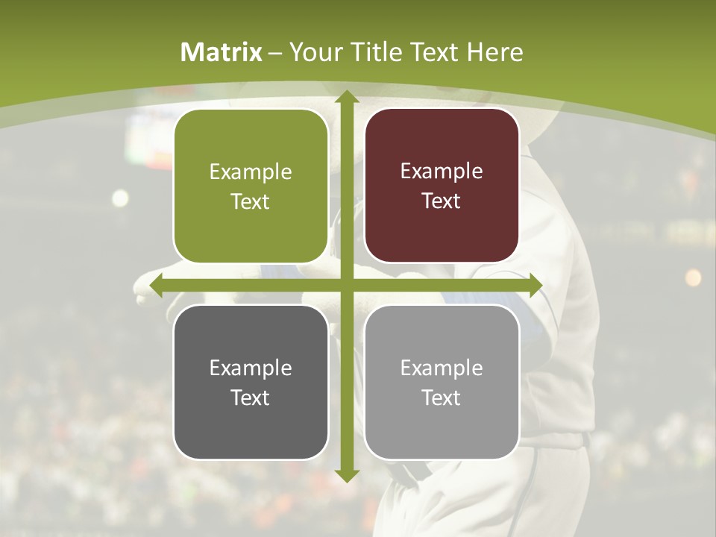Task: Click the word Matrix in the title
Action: pos(222,52)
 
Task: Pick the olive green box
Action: pos(251,186)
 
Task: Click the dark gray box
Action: pos(251,382)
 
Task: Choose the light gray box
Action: pos(442,382)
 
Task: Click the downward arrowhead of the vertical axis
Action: pos(346,475)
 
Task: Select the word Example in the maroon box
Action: pos(442,171)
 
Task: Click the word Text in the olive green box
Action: pos(251,201)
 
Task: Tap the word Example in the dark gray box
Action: pos(251,368)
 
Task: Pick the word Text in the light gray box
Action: pos(442,398)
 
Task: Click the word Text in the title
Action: pos(430,52)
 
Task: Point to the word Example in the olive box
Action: pos(251,172)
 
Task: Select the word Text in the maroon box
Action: pos(442,201)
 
